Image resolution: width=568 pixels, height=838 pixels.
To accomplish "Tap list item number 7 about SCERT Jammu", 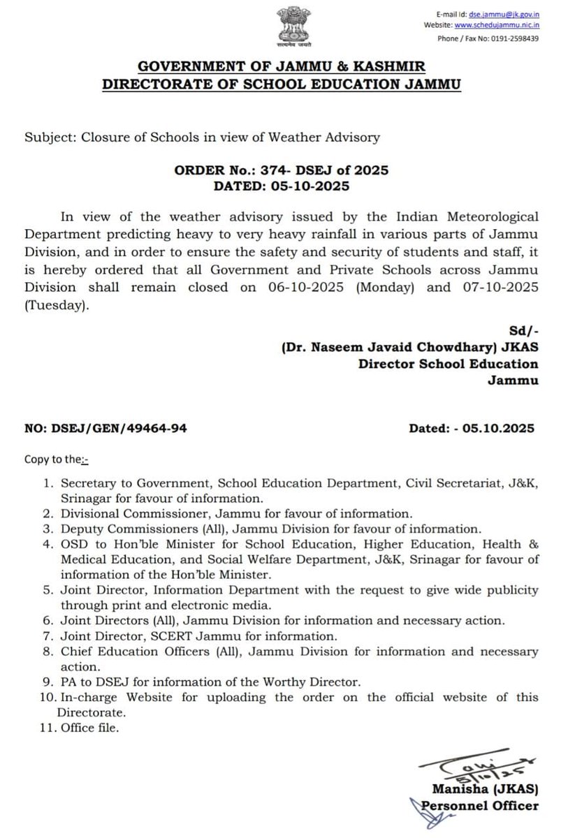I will coord(199,636).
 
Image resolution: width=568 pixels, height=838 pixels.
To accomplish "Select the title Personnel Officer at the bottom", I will coord(482,807).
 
